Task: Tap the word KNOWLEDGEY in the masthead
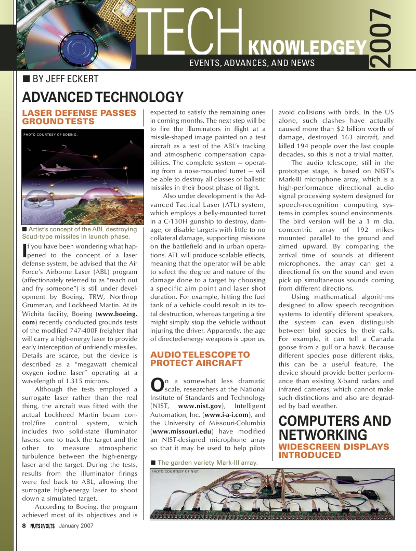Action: (308, 48)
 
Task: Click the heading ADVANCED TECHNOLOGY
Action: (102, 97)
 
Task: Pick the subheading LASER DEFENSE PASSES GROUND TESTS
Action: (79, 117)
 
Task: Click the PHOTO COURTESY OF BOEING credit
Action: (50, 135)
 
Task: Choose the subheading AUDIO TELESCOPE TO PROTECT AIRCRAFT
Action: (200, 359)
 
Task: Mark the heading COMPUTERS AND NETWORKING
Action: (335, 428)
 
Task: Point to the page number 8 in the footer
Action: (24, 526)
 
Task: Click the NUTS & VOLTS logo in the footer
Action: (43, 526)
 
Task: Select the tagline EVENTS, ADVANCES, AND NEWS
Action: (252, 63)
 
